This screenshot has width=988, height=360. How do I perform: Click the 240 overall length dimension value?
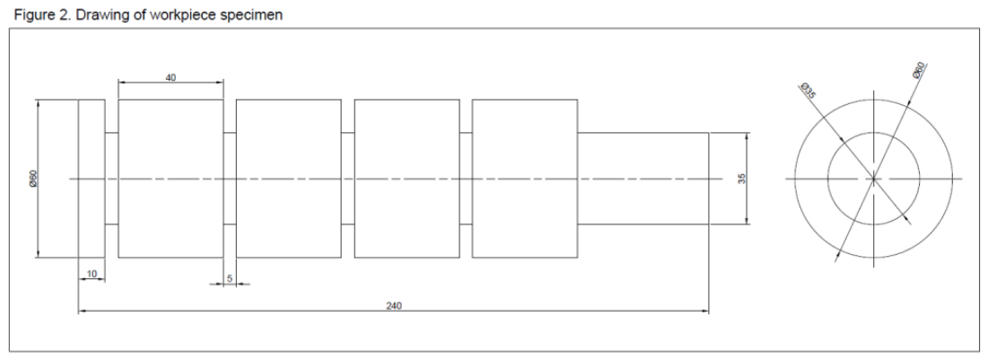pyautogui.click(x=394, y=306)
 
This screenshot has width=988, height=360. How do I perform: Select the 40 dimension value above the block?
pyautogui.click(x=170, y=77)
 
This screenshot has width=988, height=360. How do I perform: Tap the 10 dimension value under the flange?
pyautogui.click(x=92, y=274)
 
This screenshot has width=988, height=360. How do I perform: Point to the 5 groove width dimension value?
pyautogui.click(x=230, y=278)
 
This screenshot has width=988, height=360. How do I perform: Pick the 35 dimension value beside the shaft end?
pyautogui.click(x=741, y=179)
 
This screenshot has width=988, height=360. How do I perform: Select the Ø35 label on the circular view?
pyautogui.click(x=808, y=91)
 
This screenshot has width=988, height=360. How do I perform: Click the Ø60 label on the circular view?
pyautogui.click(x=918, y=70)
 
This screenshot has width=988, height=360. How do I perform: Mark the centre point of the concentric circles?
pyautogui.click(x=873, y=179)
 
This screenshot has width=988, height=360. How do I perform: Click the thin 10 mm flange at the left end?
pyautogui.click(x=92, y=179)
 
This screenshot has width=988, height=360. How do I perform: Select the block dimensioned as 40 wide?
pyautogui.click(x=170, y=179)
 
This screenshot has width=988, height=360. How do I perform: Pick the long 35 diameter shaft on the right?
pyautogui.click(x=643, y=179)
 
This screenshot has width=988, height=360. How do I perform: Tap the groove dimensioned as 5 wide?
pyautogui.click(x=230, y=179)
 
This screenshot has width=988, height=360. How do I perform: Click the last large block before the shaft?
pyautogui.click(x=525, y=179)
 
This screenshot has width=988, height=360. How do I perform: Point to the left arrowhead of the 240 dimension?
pyautogui.click(x=83, y=311)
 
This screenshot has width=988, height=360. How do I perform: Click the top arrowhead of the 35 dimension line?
pyautogui.click(x=748, y=136)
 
